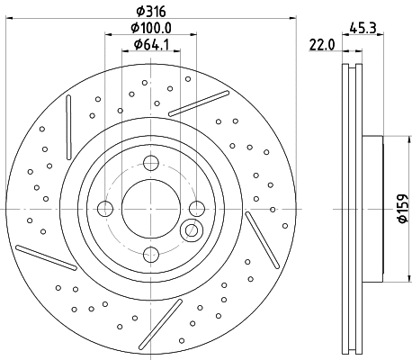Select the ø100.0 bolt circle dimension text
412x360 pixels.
(149, 28)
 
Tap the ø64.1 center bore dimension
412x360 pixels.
(150, 45)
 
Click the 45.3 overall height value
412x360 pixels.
(364, 27)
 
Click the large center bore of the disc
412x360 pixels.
(150, 210)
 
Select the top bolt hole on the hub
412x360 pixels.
(150, 164)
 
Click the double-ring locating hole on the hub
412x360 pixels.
(192, 231)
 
